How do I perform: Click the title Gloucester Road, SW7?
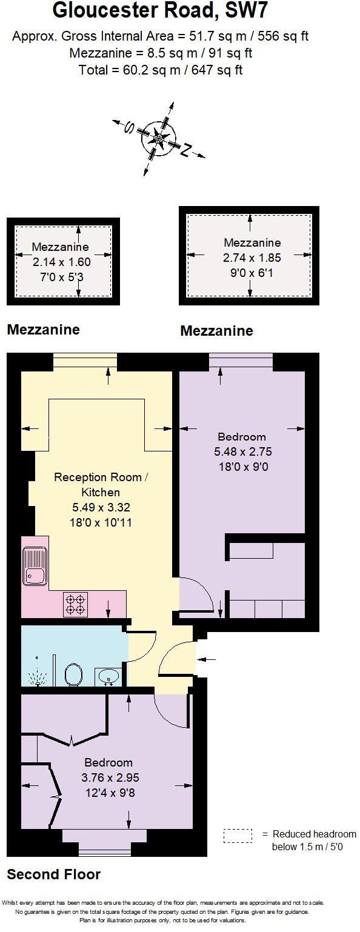[x=160, y=12]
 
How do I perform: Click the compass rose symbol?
[x=158, y=139]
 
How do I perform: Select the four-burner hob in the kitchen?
[x=76, y=604]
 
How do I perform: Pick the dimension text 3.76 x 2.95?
[x=108, y=777]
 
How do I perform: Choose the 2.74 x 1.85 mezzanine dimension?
[x=252, y=258]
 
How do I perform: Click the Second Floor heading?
[x=53, y=874]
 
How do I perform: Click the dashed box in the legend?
[x=238, y=836]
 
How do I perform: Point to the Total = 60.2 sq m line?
[x=160, y=70]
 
